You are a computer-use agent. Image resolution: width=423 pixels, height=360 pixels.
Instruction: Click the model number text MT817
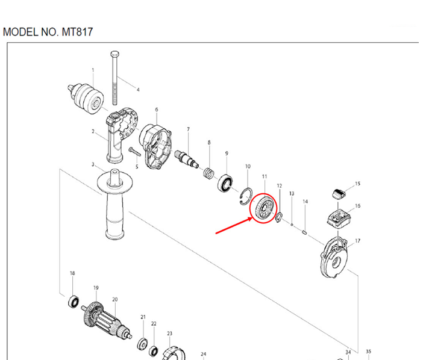click(77, 31)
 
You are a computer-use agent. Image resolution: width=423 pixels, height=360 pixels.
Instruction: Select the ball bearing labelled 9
click(227, 183)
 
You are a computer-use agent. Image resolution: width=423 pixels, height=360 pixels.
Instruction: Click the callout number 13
click(292, 194)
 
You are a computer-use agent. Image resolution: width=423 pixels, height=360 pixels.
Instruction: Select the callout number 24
click(204, 355)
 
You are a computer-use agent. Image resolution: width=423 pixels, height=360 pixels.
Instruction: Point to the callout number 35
click(369, 352)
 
